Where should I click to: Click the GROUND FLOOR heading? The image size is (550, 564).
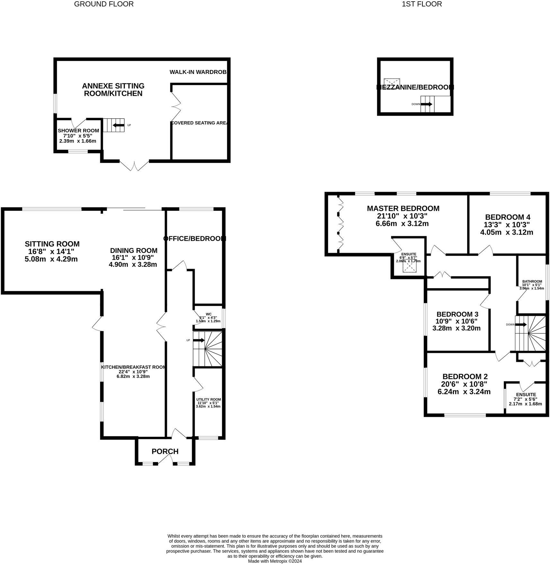[x=104, y=4]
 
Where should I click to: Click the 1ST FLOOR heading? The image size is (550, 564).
[x=421, y=4]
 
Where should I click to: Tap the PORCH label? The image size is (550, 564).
[x=165, y=451]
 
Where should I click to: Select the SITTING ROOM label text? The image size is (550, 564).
[x=52, y=244]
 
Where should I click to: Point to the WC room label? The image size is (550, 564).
[x=208, y=314]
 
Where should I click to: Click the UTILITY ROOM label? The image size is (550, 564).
[x=208, y=399]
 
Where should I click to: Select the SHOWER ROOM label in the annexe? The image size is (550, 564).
[x=78, y=130]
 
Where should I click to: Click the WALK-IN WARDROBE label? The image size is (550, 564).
[x=198, y=72]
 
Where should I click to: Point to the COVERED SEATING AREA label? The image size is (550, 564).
[x=200, y=123]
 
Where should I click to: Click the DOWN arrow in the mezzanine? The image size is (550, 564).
[x=426, y=104]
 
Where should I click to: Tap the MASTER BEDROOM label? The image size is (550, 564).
[x=403, y=208]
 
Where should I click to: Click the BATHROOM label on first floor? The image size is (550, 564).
[x=532, y=281]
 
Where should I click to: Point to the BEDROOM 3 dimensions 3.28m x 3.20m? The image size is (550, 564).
[x=457, y=328]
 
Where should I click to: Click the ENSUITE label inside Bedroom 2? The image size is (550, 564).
[x=526, y=395]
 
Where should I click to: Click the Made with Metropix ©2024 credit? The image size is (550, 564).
[x=275, y=561]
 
